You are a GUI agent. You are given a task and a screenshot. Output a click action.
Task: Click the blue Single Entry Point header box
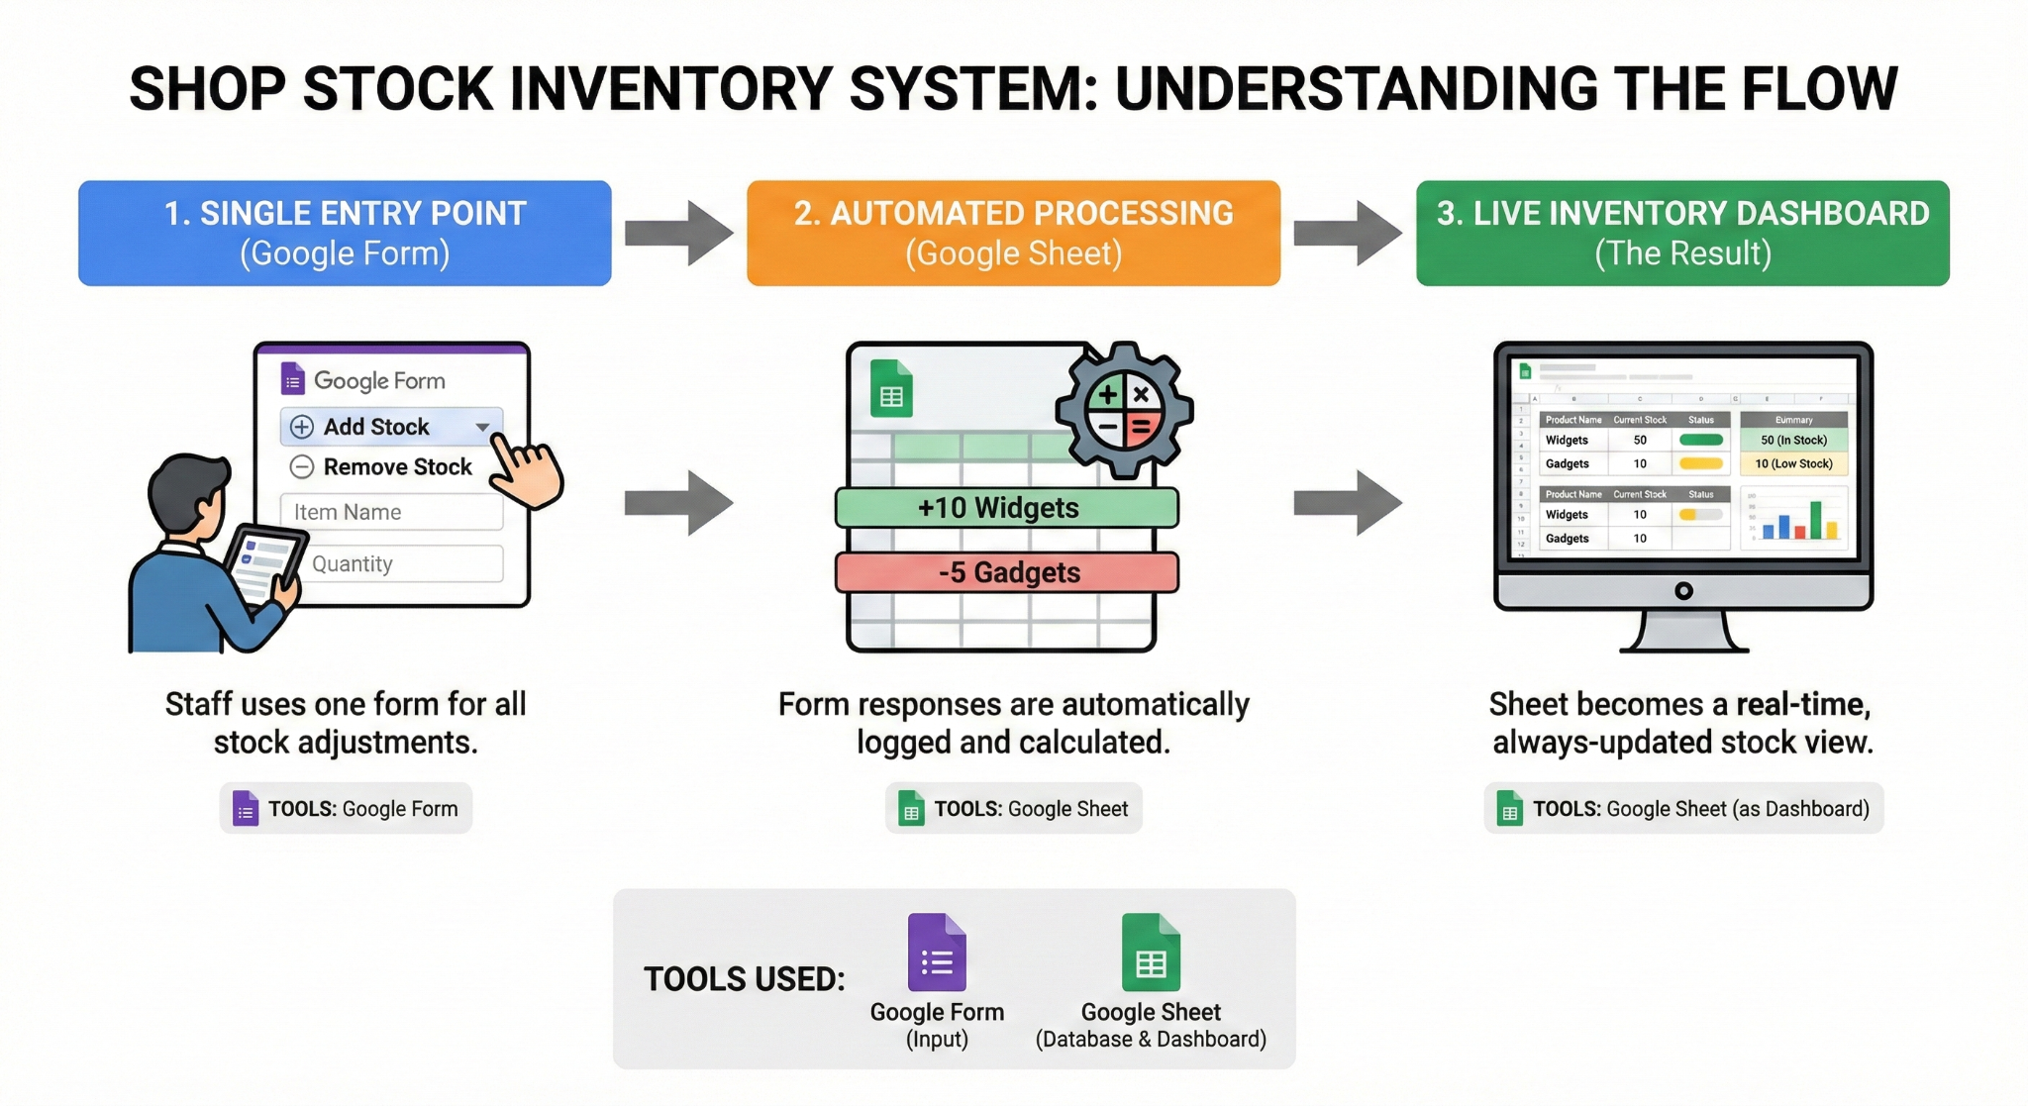[345, 234]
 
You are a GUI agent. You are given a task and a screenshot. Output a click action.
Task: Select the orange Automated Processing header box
[1013, 234]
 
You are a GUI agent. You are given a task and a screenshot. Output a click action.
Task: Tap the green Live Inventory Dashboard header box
[1682, 234]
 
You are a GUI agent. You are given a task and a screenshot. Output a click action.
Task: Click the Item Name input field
[391, 513]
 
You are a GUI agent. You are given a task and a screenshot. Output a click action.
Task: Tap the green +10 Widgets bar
[1007, 508]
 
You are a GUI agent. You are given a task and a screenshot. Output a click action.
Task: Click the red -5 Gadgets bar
[1007, 572]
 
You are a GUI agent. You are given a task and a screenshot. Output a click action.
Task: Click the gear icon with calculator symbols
[1124, 410]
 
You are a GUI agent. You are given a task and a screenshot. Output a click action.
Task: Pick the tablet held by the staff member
[263, 562]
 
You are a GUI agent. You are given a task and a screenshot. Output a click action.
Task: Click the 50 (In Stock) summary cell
[1793, 441]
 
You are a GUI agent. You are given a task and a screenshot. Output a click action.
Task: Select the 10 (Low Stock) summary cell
[1793, 463]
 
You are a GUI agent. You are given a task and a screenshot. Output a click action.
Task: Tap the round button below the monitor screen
[1683, 591]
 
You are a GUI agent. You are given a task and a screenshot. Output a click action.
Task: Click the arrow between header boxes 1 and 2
[678, 234]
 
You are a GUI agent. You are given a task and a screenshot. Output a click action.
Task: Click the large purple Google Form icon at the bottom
[937, 953]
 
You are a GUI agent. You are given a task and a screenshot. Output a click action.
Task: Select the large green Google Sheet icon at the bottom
[1151, 953]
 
